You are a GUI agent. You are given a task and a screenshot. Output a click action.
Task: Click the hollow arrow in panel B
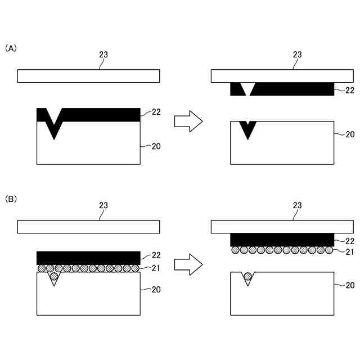188,264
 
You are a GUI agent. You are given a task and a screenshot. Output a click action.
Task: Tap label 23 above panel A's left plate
103,55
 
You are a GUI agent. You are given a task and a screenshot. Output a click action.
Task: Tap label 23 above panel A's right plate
298,55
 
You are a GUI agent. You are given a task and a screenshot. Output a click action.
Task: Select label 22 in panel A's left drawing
156,112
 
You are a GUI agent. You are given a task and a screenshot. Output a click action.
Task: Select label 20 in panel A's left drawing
156,146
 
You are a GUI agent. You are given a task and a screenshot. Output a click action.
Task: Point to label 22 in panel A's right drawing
349,89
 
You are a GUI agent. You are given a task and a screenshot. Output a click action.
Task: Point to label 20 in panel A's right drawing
349,134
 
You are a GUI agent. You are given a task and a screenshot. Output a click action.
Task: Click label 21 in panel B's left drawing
156,267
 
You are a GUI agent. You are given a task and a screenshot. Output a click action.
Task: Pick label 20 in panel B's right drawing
349,285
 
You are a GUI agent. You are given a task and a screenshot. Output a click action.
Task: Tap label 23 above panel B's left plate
103,205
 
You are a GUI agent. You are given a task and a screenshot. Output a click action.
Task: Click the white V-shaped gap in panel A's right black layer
247,88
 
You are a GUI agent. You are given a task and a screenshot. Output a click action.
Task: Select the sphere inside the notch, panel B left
54,277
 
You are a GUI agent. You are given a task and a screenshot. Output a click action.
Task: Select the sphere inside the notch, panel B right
247,276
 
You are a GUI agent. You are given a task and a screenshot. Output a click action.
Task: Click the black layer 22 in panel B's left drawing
88,258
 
